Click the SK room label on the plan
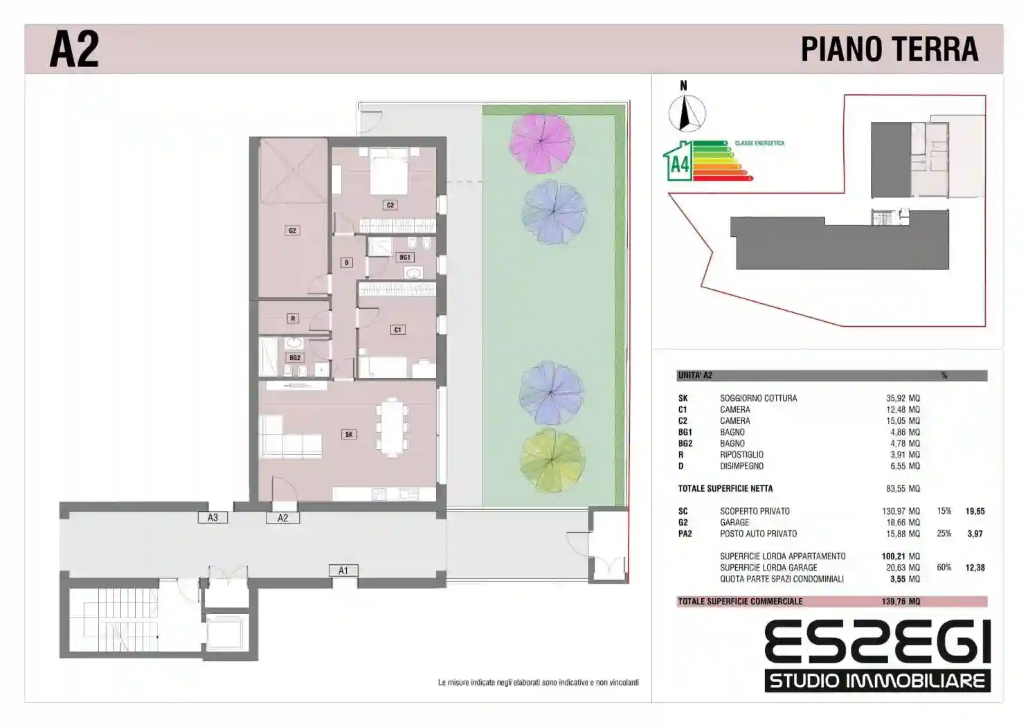(349, 434)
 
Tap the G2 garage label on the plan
(292, 231)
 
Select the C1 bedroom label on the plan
(397, 330)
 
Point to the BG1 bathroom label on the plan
(405, 258)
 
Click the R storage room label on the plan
(293, 318)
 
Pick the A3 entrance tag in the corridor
(213, 518)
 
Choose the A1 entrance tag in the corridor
(343, 571)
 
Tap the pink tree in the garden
(541, 143)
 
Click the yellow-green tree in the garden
(552, 460)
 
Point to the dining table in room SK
(391, 427)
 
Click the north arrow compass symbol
(687, 113)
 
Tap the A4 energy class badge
(678, 161)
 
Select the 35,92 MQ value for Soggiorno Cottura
(903, 398)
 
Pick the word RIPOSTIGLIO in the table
(741, 454)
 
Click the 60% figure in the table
(944, 567)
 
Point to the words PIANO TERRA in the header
(890, 49)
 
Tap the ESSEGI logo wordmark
(878, 641)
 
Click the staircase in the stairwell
(120, 620)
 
